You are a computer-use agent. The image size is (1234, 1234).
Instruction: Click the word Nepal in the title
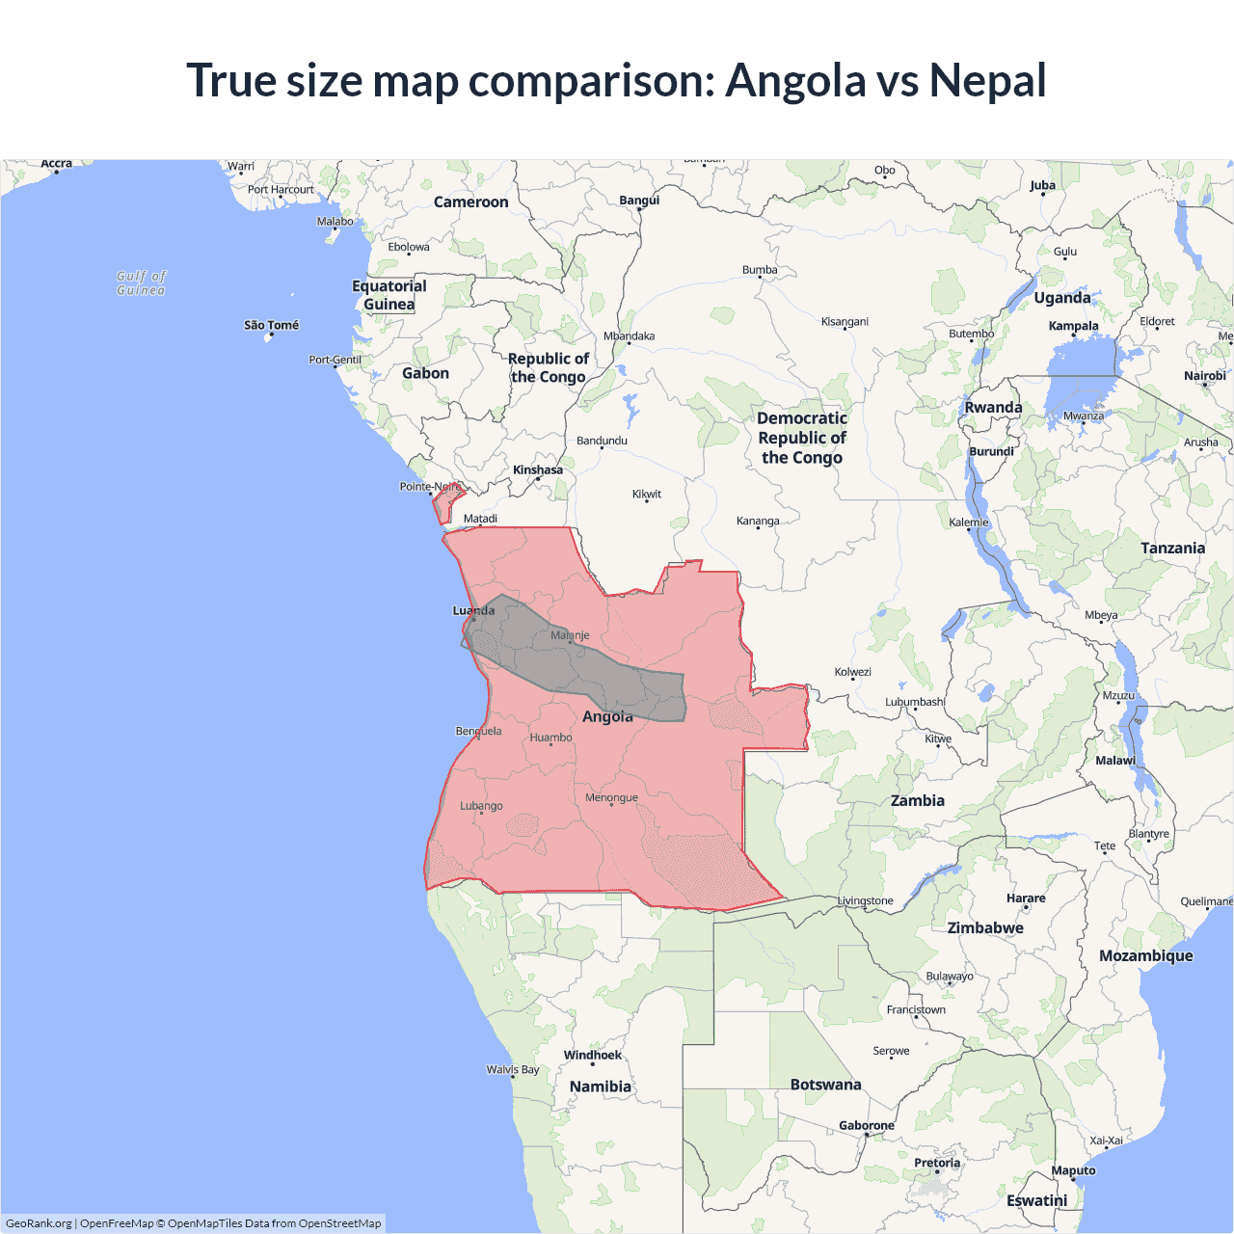pos(987,81)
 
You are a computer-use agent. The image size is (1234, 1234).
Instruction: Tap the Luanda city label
pos(473,610)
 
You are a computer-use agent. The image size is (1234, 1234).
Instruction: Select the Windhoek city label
pos(593,1055)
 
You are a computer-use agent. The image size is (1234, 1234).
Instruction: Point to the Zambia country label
pos(917,800)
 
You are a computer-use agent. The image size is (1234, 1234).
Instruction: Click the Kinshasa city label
pos(538,470)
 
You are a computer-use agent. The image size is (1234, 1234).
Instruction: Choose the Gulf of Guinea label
pos(141,283)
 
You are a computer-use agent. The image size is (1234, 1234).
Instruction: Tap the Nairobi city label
pos(1205,376)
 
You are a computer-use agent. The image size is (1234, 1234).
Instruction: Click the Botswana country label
pos(825,1085)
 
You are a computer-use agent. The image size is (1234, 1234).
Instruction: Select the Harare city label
pos(1026,899)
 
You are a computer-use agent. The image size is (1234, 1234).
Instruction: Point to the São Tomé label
pos(271,326)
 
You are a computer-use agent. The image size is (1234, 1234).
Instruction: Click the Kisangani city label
pos(845,322)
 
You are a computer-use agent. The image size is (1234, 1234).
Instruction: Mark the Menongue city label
pos(611,797)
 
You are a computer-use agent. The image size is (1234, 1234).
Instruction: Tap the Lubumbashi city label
pos(915,702)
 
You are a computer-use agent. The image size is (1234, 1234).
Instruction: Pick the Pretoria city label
pos(937,1163)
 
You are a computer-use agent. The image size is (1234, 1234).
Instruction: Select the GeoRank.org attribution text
pos(39,1223)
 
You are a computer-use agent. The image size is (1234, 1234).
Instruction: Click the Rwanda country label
pos(993,408)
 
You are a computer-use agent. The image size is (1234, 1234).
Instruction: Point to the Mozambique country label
pos(1145,955)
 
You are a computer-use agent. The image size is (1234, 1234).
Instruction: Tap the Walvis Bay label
pos(513,1069)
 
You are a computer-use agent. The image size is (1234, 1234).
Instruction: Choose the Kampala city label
pos(1073,326)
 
